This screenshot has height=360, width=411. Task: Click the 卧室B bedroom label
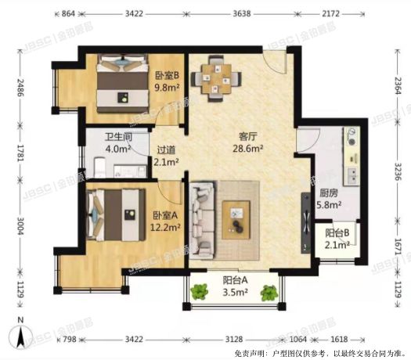pos(166,76)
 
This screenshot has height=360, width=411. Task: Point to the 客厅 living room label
pos(249,135)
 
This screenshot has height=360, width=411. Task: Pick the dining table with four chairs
pos(220,78)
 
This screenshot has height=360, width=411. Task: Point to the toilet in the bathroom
pos(100,166)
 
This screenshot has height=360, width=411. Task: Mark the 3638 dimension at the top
pos(241,14)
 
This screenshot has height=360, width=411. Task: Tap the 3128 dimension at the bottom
pos(233,340)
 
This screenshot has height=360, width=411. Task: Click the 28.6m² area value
pos(250,146)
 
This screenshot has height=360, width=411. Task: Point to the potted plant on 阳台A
pos(200,292)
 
